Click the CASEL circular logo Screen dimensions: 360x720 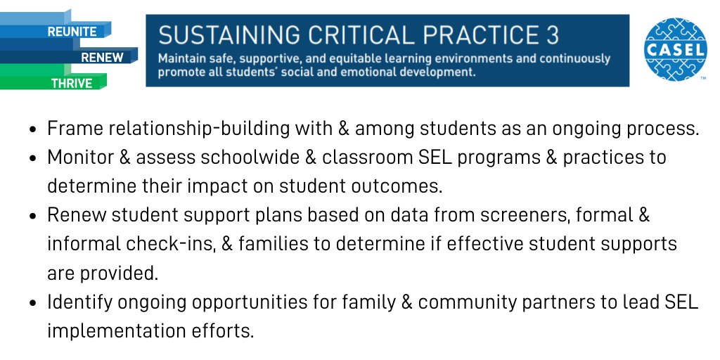coord(675,49)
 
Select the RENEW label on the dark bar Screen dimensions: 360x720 coord(101,57)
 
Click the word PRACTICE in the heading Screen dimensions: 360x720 coord(482,34)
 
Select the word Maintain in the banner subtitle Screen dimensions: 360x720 coord(181,59)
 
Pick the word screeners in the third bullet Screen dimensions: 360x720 coord(515,215)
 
